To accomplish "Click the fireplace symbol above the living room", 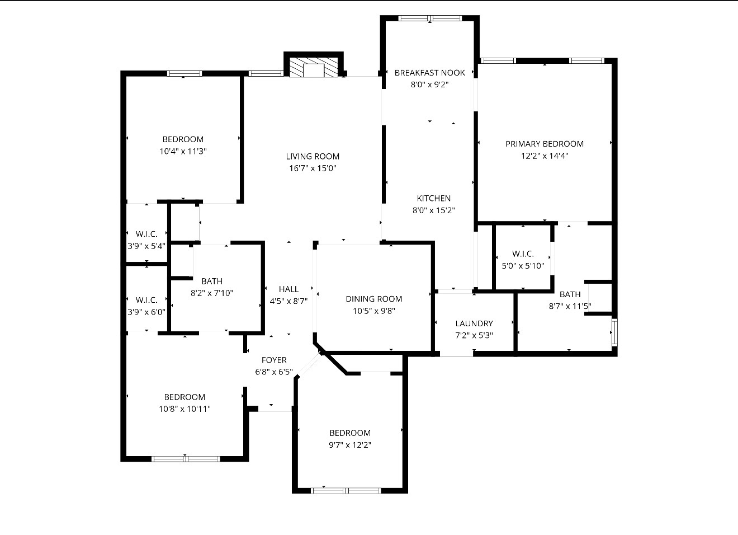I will [x=314, y=67].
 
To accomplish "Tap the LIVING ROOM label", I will [x=313, y=157].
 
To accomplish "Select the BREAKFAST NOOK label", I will [x=429, y=73].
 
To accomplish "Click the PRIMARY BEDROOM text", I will [x=544, y=144].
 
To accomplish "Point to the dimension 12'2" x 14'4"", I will [x=544, y=156].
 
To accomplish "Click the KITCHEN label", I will [x=433, y=198].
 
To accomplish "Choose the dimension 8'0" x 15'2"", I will [x=433, y=211].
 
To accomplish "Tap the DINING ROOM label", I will [x=373, y=299].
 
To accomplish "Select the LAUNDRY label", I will [x=474, y=323].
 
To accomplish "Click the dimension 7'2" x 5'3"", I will [x=474, y=336].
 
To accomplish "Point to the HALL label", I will [x=288, y=289].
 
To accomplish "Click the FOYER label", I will [x=274, y=360].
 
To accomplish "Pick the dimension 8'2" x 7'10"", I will [x=211, y=293].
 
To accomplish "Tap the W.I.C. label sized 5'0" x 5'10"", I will [x=522, y=254].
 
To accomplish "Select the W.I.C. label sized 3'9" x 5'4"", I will [x=146, y=234].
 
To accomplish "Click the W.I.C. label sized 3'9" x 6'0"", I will [x=146, y=300].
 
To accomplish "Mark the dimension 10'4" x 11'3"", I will [x=183, y=151].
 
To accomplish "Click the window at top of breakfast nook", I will [x=430, y=18].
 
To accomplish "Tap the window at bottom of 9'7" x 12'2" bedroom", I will [x=346, y=490].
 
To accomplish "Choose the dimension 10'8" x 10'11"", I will [x=184, y=409].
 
